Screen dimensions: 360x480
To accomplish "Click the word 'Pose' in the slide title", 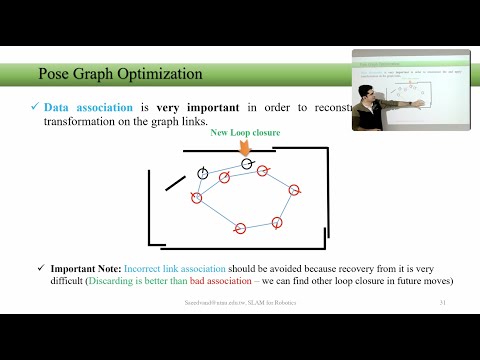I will [x=54, y=74].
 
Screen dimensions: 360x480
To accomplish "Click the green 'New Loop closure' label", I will [x=245, y=133].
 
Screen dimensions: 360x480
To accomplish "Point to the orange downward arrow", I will [x=245, y=148].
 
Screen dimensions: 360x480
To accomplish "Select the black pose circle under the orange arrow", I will [x=247, y=163].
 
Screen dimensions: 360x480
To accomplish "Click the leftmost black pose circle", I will [x=203, y=173].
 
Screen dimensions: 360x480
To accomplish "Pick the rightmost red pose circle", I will [x=295, y=190].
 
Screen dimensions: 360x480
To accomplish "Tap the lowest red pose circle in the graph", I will [x=239, y=229].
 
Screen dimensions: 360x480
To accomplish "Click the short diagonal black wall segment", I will [x=175, y=183].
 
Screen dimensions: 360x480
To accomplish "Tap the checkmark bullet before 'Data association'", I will [x=34, y=107].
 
